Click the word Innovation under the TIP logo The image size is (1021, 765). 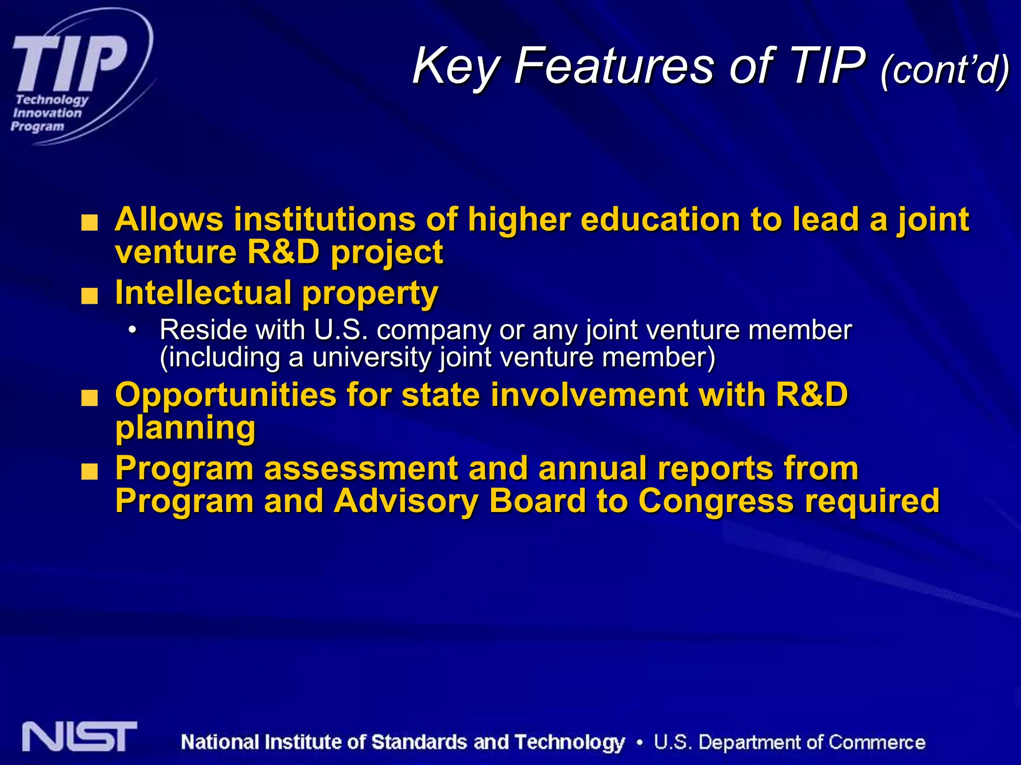point(47,113)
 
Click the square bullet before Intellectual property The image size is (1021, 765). point(90,297)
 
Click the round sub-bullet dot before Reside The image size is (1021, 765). point(132,330)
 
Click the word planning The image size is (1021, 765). point(185,428)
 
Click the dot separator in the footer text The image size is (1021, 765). point(639,743)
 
